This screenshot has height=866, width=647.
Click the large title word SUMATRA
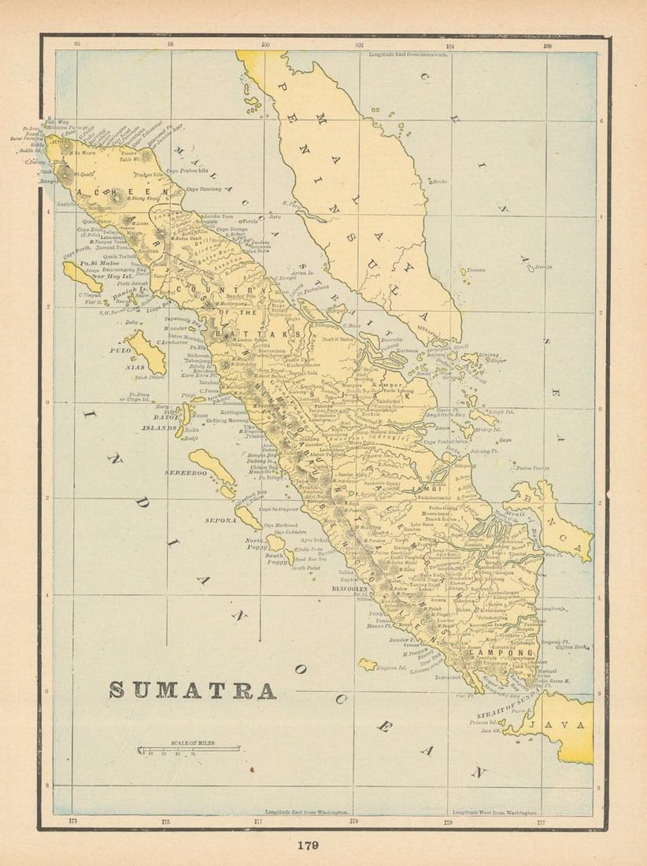pyautogui.click(x=192, y=690)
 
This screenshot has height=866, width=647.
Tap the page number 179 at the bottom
pyautogui.click(x=307, y=846)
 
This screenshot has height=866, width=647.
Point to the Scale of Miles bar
pyautogui.click(x=189, y=749)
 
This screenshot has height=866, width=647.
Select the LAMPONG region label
pyautogui.click(x=491, y=653)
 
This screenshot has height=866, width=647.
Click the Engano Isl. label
pyautogui.click(x=391, y=668)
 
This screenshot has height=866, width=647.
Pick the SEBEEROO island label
pyautogui.click(x=186, y=473)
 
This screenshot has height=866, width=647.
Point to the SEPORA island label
pyautogui.click(x=221, y=520)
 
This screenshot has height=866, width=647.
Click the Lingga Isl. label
pyautogui.click(x=501, y=410)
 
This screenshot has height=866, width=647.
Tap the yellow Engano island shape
pyautogui.click(x=367, y=665)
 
